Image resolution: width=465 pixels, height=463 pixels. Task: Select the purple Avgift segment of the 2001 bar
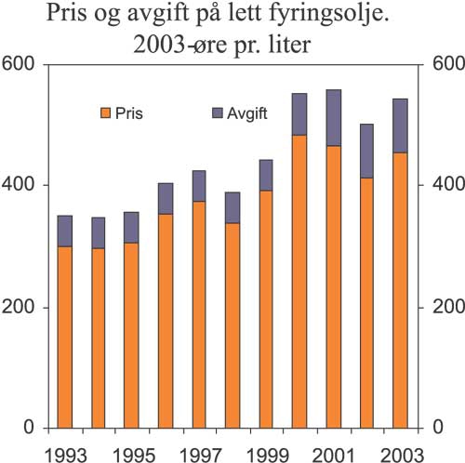tap(333, 117)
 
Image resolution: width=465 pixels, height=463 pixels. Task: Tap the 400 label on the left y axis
tap(20, 185)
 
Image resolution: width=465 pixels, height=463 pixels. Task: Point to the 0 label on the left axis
tap(30, 428)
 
